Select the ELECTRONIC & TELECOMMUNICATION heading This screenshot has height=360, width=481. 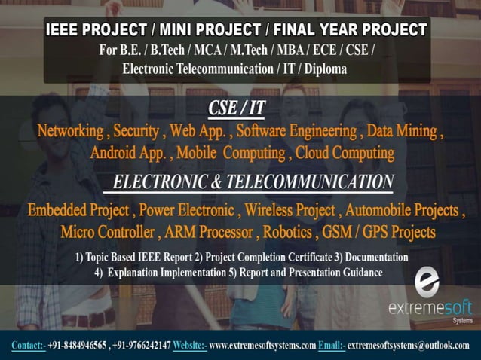click(253, 182)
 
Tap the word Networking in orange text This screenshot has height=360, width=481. click(70, 131)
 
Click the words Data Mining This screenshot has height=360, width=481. click(403, 131)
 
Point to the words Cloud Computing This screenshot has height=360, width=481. click(345, 154)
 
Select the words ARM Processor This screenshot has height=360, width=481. click(212, 230)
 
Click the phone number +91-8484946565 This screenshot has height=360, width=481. click(77, 346)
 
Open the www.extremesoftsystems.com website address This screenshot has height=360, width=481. click(262, 346)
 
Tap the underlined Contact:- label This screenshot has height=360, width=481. click(29, 346)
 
